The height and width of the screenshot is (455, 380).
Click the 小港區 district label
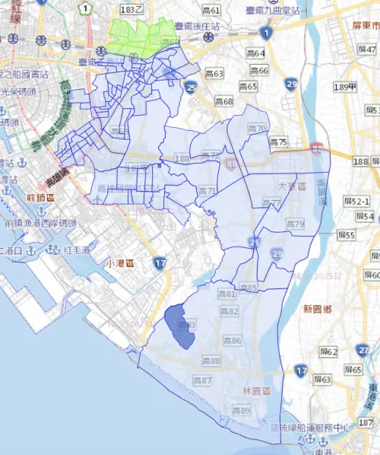119,262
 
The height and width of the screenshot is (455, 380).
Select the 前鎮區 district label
40,199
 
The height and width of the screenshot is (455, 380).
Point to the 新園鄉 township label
318,309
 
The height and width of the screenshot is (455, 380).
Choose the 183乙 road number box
132,9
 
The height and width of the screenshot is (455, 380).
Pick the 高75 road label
278,142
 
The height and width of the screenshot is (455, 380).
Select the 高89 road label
241,411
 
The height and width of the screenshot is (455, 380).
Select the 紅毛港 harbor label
78,250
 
